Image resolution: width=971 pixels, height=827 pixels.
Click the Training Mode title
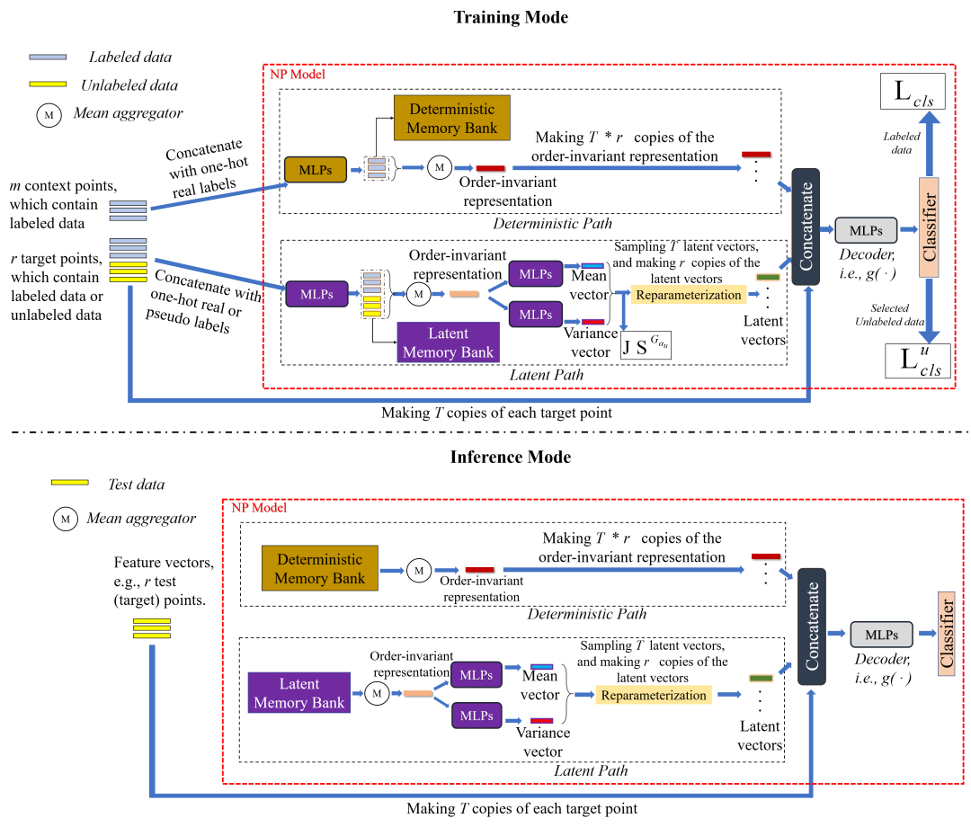point(511,17)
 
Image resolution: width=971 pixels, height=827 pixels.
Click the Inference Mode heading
point(511,457)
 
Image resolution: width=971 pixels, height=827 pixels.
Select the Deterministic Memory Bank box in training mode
point(451,117)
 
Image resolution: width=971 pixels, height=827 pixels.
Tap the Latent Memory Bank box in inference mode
point(298,692)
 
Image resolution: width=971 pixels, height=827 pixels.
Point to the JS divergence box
point(646,346)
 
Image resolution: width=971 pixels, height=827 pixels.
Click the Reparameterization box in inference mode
point(653,695)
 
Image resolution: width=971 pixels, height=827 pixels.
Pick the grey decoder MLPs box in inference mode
point(881,634)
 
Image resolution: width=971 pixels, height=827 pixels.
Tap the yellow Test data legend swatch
point(69,484)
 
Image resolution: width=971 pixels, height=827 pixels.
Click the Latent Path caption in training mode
point(533,373)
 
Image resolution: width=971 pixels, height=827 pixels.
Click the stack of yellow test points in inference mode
point(151,628)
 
